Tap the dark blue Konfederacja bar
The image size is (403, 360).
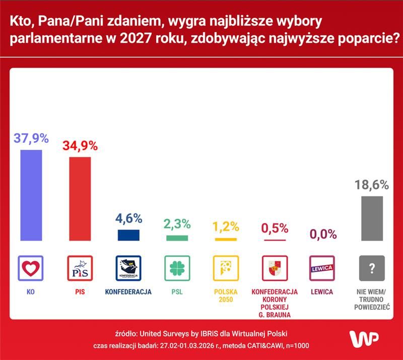[128, 235]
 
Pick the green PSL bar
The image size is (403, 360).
[177, 238]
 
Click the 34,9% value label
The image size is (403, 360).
[80, 146]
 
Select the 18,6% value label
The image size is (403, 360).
[372, 185]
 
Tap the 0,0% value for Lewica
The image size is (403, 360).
[323, 234]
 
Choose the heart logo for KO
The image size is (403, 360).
[31, 268]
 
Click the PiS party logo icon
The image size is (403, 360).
[80, 268]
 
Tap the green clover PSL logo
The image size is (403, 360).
[177, 268]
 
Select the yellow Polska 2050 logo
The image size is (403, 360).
[225, 268]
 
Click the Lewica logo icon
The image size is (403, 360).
[323, 268]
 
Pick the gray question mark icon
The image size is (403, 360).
[372, 268]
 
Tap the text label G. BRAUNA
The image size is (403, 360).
[275, 315]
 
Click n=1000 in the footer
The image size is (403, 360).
[297, 346]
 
